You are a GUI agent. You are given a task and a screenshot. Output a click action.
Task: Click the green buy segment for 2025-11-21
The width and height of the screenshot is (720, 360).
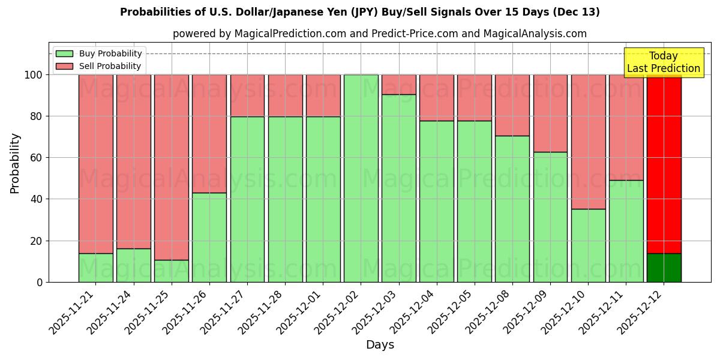[x=95, y=268]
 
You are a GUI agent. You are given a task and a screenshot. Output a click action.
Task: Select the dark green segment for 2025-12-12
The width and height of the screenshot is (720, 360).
[x=664, y=268]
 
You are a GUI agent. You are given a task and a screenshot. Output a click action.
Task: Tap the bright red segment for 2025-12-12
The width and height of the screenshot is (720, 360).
[x=664, y=162]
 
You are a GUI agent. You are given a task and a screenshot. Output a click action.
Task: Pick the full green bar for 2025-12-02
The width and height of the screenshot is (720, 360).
[x=361, y=178]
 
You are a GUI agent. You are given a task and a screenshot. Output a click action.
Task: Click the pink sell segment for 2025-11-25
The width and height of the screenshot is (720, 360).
[x=172, y=167]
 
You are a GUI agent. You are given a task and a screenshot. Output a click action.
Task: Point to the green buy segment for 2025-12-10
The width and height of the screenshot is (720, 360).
[x=588, y=245]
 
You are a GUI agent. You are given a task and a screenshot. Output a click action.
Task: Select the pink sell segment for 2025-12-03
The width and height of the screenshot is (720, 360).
[x=398, y=85]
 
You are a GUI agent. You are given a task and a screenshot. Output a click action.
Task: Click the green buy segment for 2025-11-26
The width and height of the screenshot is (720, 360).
[x=209, y=237]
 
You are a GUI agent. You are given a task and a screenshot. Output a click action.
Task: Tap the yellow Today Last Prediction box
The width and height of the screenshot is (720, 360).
[x=664, y=62]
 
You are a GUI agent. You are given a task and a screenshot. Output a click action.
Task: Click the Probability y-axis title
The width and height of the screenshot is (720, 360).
[x=15, y=163]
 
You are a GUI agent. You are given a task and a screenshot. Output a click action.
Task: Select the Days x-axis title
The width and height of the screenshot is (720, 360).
[x=380, y=345]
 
